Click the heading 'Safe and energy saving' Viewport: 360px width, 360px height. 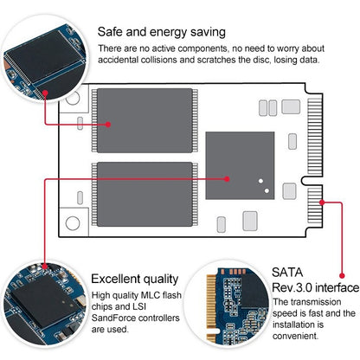[x=162, y=32]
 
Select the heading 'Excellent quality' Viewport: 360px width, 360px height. [x=135, y=279]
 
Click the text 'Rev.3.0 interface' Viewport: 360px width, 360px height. [x=315, y=287]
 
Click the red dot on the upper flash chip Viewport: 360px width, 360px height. [x=109, y=124]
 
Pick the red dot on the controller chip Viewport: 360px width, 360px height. [x=227, y=178]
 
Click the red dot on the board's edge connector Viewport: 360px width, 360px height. [x=325, y=201]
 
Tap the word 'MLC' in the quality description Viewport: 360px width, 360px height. [x=148, y=296]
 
